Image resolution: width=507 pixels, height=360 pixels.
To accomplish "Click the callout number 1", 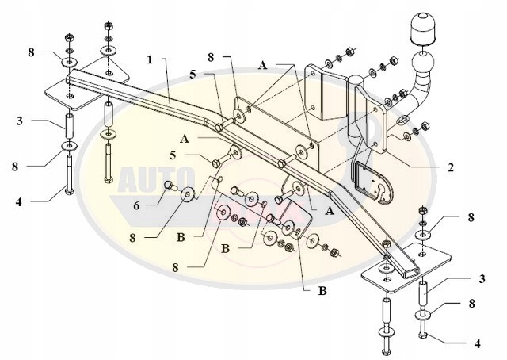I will pyautogui.click(x=150, y=59).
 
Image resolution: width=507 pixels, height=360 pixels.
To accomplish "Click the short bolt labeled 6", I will pyautogui.click(x=169, y=187).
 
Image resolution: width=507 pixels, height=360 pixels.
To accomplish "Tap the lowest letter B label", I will pyautogui.click(x=322, y=291).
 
